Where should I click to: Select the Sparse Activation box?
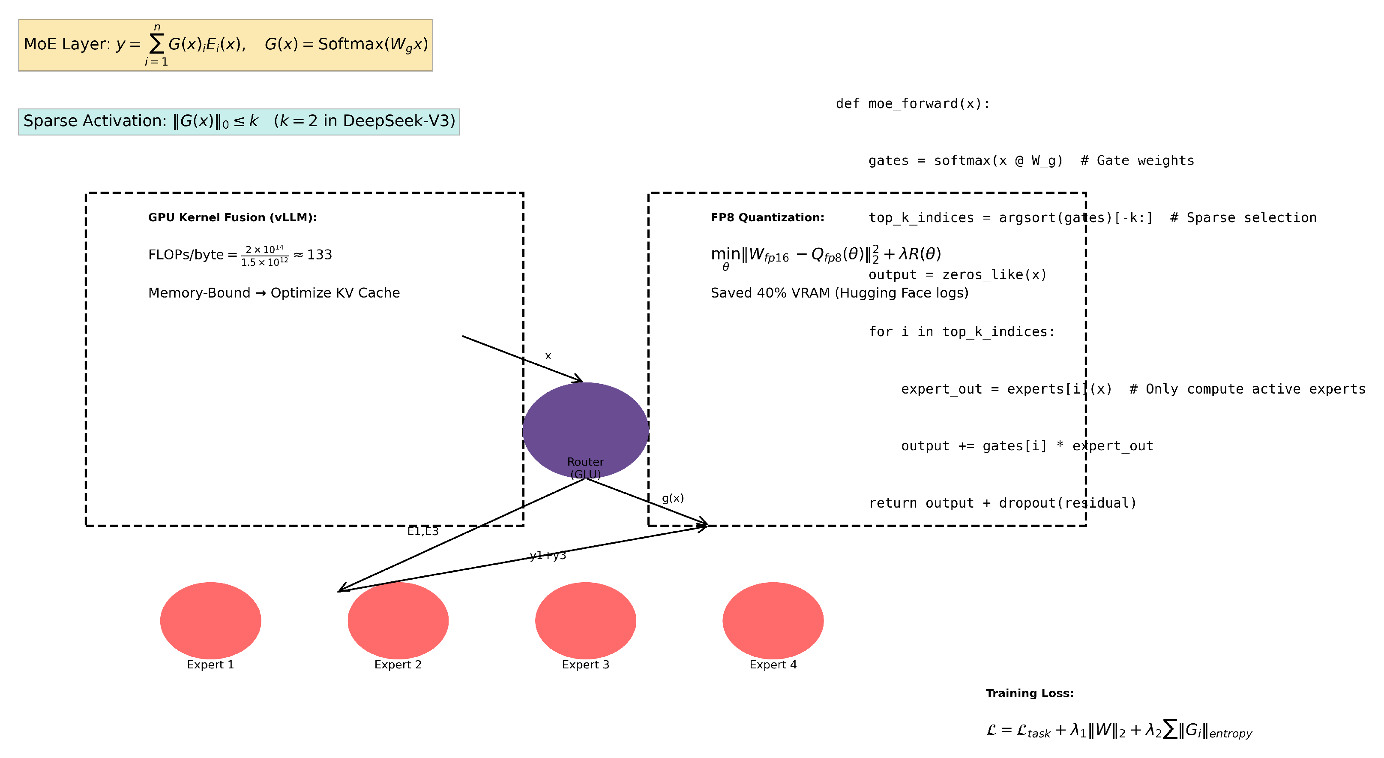239,121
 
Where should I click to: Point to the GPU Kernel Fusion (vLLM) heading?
233,217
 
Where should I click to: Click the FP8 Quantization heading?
767,217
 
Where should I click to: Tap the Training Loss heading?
1029,693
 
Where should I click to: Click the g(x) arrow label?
673,498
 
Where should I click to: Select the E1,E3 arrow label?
423,531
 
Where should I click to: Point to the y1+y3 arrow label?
548,555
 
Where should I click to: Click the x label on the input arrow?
548,356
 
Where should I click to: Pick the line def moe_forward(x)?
912,103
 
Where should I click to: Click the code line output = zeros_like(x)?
957,275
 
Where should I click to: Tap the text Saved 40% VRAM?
839,293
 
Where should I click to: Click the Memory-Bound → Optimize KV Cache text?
274,293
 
